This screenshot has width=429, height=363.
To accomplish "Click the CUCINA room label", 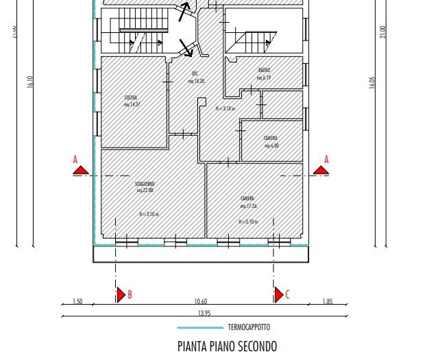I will click(131, 97).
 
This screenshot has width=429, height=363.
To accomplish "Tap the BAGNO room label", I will click(265, 71).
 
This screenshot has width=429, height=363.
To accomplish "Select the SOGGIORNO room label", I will click(145, 184).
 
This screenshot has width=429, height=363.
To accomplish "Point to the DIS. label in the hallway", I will click(195, 73).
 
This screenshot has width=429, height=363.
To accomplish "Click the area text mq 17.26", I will click(247, 206).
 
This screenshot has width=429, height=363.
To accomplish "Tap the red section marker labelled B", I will click(123, 295).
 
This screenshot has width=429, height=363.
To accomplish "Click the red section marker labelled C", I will click(280, 295).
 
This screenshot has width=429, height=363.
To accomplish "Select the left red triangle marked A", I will click(80, 169).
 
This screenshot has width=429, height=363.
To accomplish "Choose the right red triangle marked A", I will click(320, 169).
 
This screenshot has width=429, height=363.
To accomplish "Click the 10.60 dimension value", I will click(200, 301).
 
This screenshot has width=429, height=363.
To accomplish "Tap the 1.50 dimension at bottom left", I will click(77, 301).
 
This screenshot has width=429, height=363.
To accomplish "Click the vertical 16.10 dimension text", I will click(30, 82).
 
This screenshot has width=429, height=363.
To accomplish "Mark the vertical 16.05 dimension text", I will click(373, 82).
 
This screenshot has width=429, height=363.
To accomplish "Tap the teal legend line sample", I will click(199, 328).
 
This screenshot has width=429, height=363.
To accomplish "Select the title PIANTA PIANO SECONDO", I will click(227, 347).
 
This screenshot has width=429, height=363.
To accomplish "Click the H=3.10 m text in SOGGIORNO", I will click(149, 214).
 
